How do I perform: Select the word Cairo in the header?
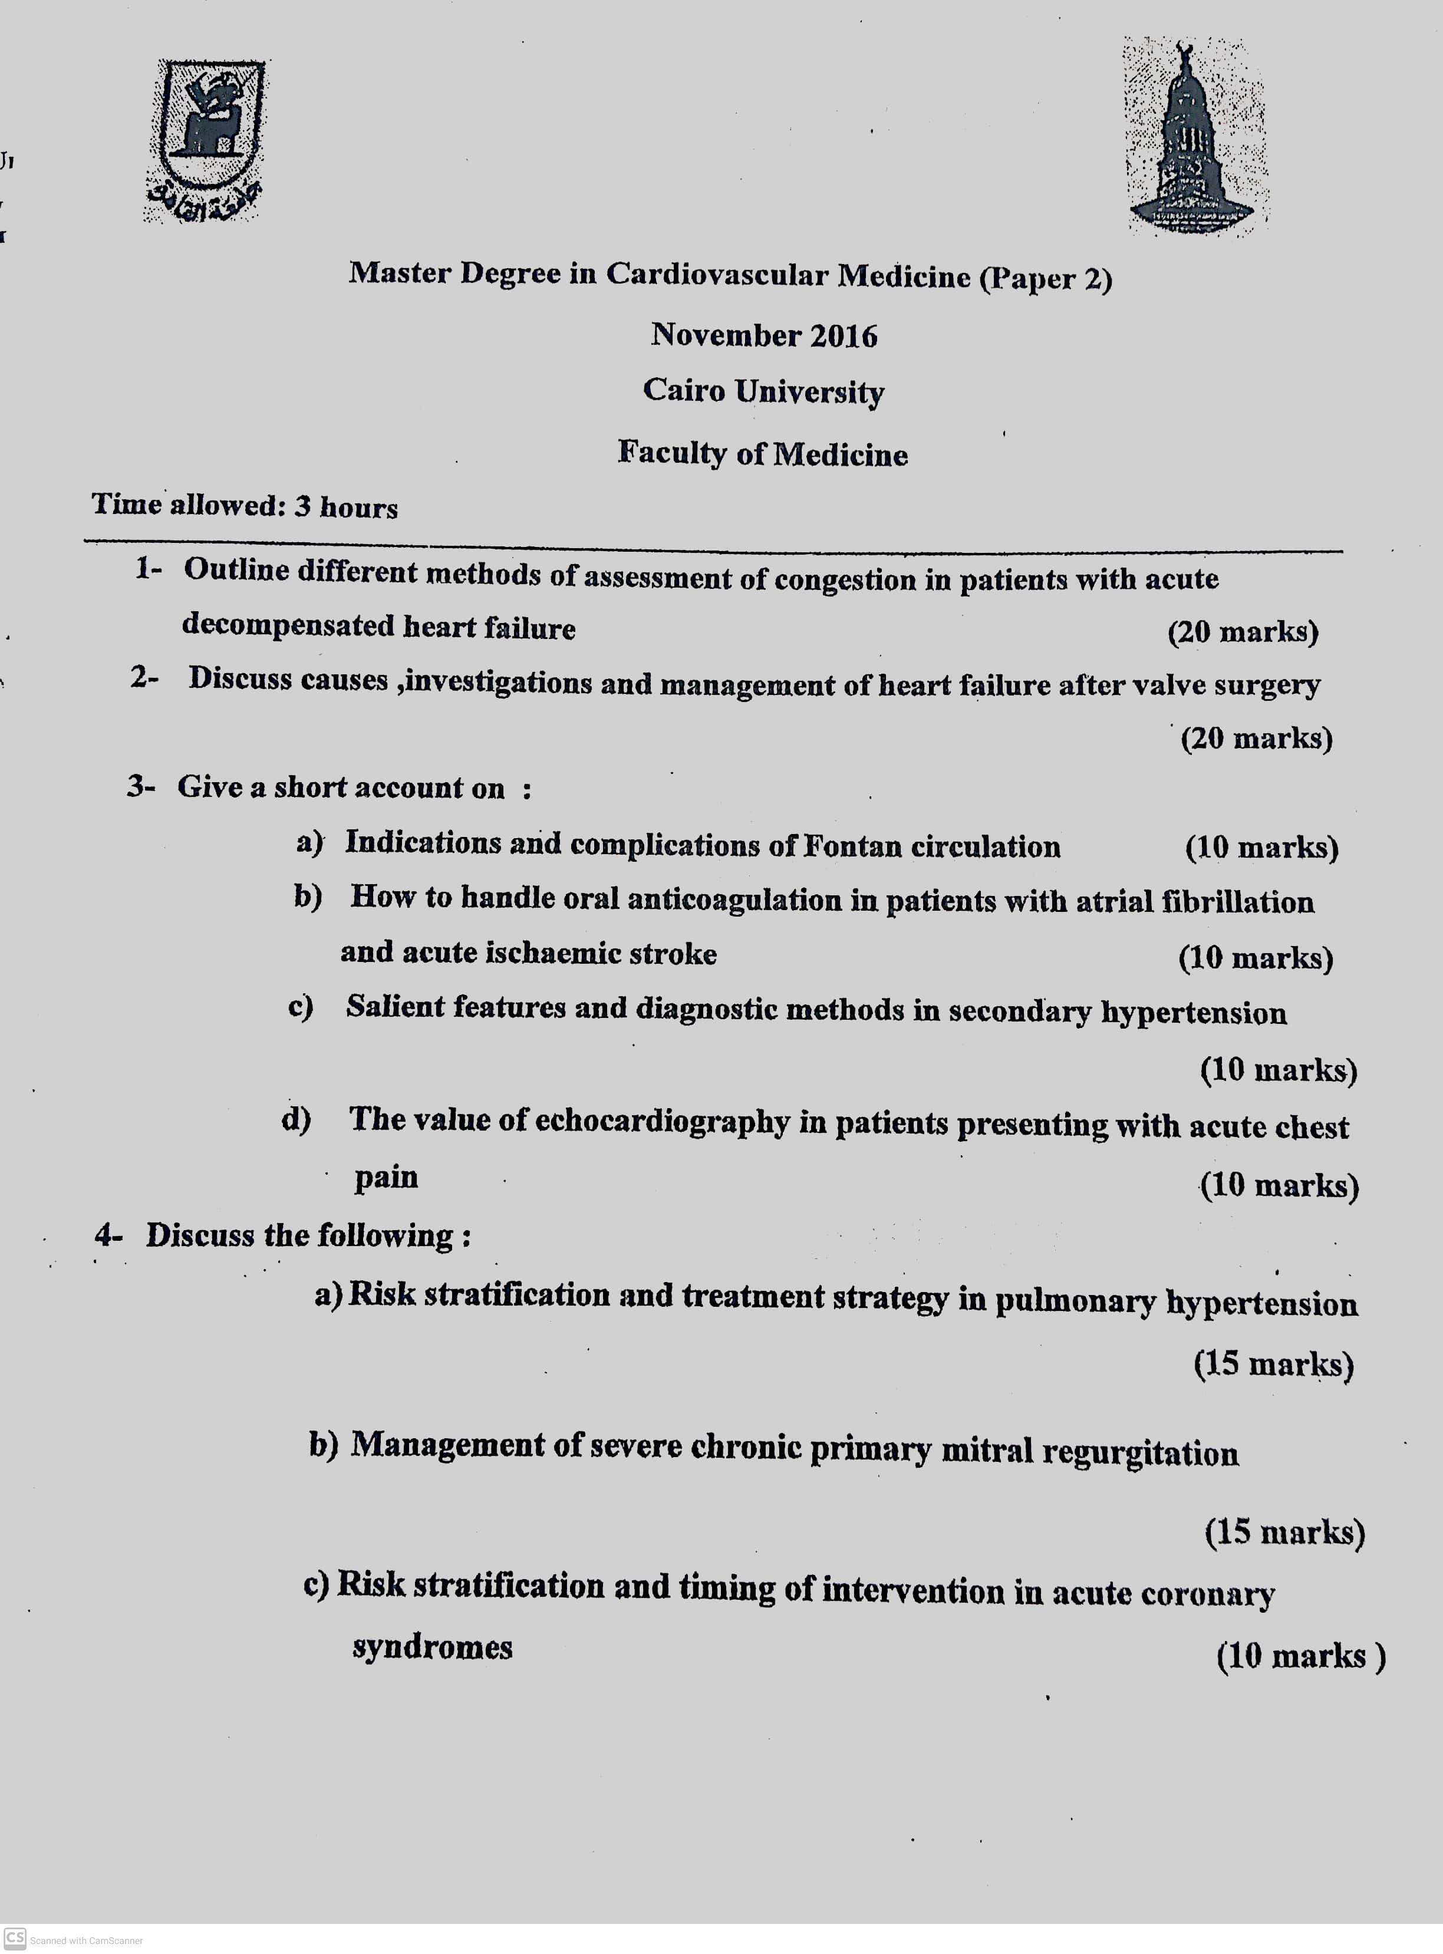684,390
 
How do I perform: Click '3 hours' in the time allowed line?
346,506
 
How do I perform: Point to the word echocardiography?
661,1122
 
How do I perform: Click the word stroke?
673,953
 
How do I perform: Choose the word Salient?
395,1007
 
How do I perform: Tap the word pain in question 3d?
386,1178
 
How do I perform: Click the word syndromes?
433,1647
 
